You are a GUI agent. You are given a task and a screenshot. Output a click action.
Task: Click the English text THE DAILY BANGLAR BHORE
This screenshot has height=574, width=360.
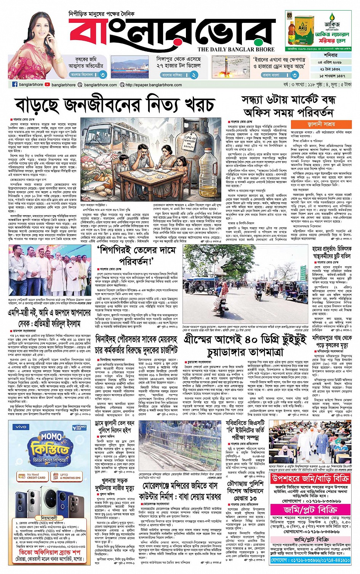click(236, 49)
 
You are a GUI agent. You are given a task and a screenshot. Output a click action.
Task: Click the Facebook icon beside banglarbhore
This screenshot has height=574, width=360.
click(15, 85)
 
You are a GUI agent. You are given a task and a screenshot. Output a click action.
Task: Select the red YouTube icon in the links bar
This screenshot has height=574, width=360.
click(47, 85)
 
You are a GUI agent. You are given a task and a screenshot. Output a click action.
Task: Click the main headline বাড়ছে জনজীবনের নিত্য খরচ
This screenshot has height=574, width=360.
click(114, 105)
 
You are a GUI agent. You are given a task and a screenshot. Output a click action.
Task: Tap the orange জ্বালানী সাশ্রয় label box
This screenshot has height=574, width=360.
click(321, 124)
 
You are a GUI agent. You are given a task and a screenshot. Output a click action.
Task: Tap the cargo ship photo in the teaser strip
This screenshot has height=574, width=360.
click(130, 67)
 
